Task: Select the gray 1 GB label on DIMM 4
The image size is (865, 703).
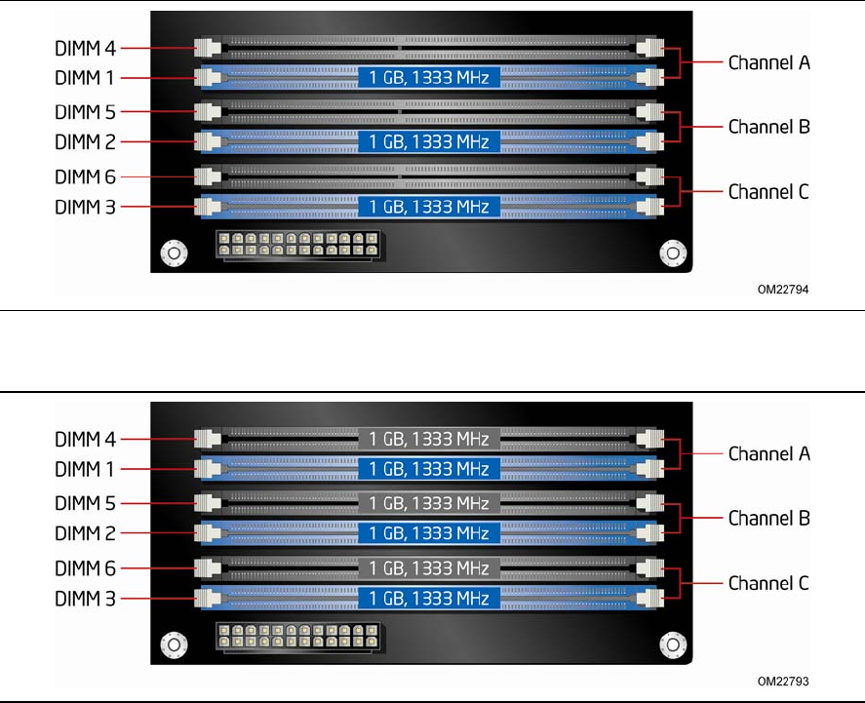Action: [x=429, y=438]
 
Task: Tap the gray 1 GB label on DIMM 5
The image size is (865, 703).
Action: [x=429, y=503]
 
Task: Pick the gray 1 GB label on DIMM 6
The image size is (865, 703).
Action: [x=429, y=567]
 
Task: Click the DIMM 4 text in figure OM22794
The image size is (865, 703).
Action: [x=85, y=46]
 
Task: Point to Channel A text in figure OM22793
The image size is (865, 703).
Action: [x=769, y=453]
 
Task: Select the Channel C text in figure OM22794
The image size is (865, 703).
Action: [x=769, y=191]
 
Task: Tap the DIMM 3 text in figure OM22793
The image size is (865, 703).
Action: [x=85, y=599]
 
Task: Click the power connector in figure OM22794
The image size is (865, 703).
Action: [x=300, y=245]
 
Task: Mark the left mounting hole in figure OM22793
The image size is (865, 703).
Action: [x=174, y=645]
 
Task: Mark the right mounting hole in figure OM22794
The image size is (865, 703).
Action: [x=672, y=254]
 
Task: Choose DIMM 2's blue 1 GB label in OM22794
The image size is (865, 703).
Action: [x=429, y=141]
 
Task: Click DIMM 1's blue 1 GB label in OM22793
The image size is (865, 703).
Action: [x=429, y=469]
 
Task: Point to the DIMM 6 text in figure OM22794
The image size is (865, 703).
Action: [x=85, y=176]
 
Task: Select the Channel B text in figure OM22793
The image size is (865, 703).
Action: [x=769, y=518]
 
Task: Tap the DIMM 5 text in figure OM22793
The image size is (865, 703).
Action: [x=85, y=503]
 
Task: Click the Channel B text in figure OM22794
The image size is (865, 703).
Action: [x=769, y=126]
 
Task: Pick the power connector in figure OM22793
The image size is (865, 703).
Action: [x=300, y=637]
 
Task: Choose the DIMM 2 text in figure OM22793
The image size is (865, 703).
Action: [x=85, y=533]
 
